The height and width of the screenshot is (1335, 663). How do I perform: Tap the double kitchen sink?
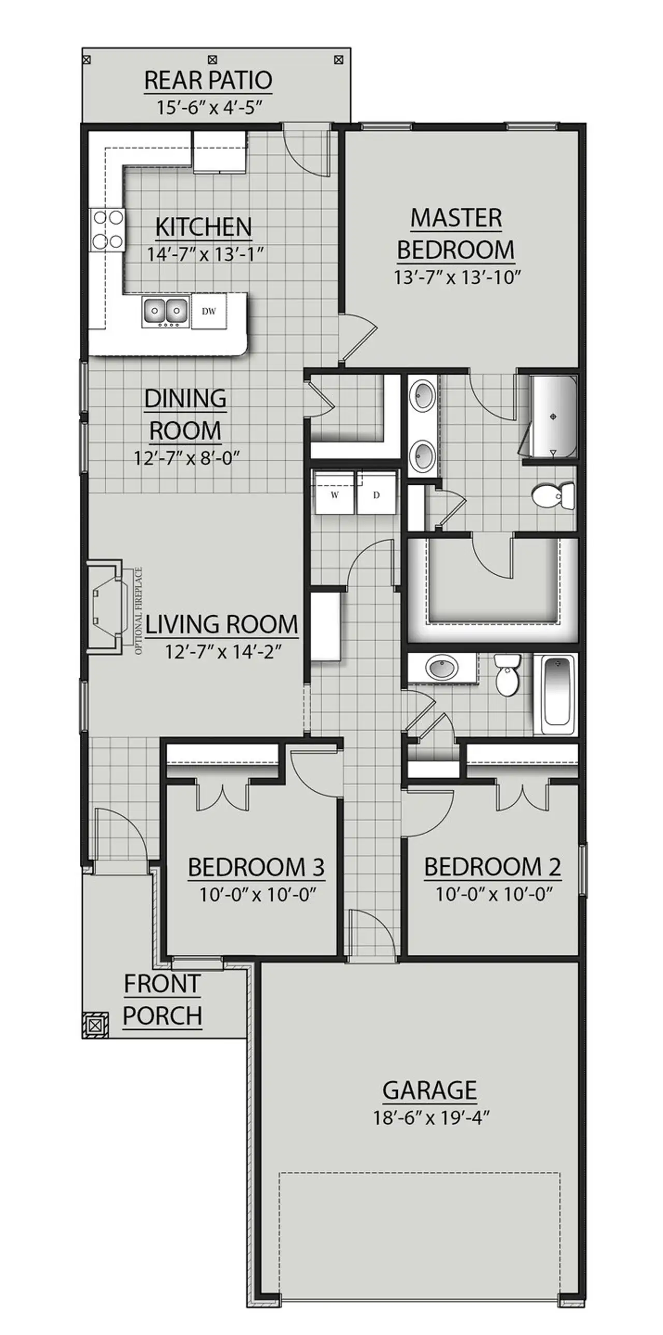165,311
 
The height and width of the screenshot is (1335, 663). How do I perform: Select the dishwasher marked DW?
209,311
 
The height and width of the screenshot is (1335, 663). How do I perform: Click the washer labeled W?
335,495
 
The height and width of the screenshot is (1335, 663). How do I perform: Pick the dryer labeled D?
377,495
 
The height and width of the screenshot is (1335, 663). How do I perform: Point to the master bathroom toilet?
554,496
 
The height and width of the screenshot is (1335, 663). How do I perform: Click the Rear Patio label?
208,80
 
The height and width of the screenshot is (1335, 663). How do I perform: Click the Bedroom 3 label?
256,867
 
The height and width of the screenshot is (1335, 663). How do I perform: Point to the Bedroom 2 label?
493,867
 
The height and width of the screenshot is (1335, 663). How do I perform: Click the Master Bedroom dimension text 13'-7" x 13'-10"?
456,277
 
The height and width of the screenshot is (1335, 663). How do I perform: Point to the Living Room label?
222,625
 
